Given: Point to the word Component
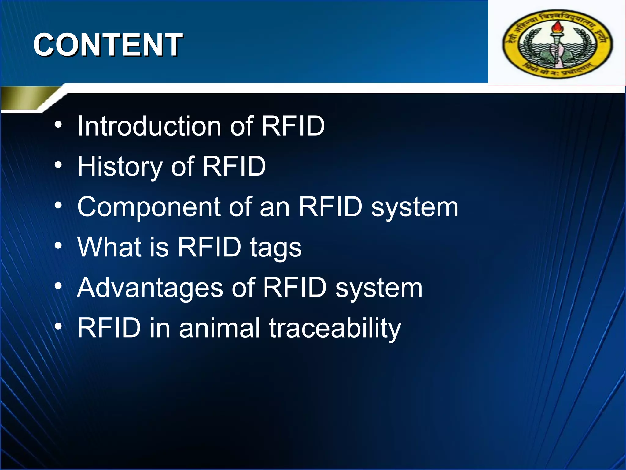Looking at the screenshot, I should pos(149,207).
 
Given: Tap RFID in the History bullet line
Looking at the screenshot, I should pos(234,166).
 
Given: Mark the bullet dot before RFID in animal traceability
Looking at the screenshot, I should pos(58,327).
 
